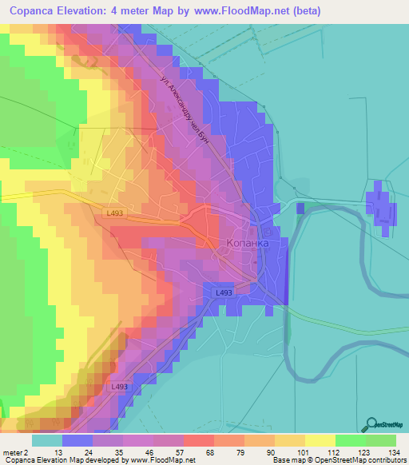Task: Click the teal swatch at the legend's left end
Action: [x=46, y=441]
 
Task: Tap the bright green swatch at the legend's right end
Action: [x=381, y=441]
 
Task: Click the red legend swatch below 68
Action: [x=198, y=441]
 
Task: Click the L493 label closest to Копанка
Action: [x=224, y=293]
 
